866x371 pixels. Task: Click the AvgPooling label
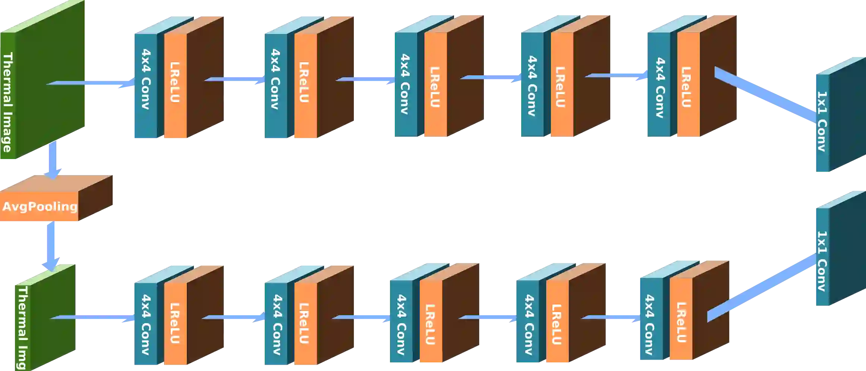click(40, 207)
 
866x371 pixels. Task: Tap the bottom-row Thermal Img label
click(23, 328)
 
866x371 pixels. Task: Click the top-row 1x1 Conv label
click(822, 121)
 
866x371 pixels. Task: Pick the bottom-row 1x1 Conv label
click(822, 261)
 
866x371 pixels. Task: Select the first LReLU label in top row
click(175, 82)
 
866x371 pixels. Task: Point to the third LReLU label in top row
click(435, 87)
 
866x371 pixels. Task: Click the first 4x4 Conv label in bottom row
click(145, 324)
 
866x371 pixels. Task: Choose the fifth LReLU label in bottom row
click(681, 322)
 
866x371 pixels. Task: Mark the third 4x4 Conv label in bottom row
click(401, 324)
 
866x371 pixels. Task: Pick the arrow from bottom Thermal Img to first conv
click(93, 317)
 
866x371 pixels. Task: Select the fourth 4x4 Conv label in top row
click(532, 86)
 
